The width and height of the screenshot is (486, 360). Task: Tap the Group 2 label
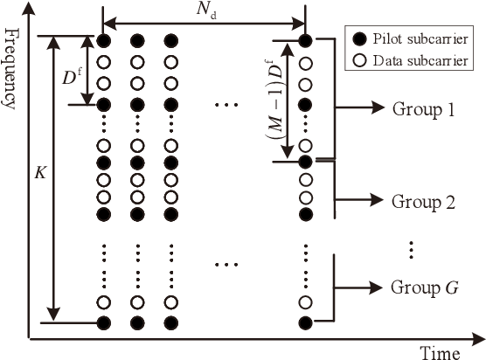coord(424,202)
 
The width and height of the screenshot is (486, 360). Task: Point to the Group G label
coord(425,286)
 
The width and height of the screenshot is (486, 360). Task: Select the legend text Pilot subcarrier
coord(417,40)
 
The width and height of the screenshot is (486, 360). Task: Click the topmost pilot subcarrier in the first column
coord(103,40)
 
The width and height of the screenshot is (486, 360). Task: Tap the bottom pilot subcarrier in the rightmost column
coord(305,323)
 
